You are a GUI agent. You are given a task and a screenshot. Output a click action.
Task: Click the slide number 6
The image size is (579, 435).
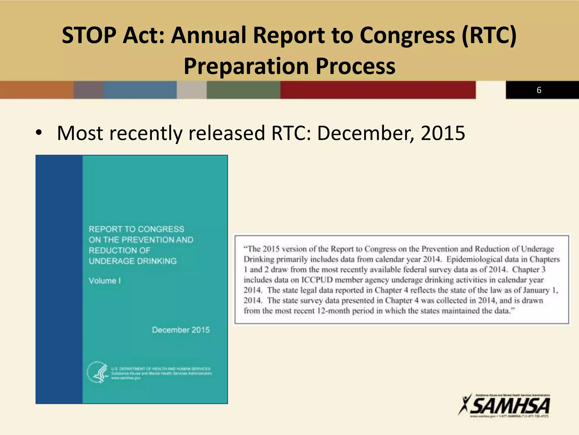[x=539, y=90]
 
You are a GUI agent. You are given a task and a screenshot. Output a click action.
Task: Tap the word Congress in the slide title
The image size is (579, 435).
[x=407, y=35]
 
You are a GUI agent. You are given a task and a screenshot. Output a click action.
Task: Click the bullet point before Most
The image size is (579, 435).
[x=39, y=133]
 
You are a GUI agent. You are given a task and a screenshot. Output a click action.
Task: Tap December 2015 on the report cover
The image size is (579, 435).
[x=181, y=330]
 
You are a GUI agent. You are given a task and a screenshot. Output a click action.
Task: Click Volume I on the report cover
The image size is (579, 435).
[x=105, y=281]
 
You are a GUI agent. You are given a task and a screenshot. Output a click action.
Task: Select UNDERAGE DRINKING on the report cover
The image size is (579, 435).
[x=133, y=261]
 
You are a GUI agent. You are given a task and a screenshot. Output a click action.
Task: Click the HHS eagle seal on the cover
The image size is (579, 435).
[x=97, y=372]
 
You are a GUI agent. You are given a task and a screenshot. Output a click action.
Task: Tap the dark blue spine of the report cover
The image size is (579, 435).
[x=59, y=279]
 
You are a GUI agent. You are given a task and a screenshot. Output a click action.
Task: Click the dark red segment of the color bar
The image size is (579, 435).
[x=378, y=90]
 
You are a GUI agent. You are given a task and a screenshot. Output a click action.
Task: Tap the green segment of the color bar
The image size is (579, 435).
[x=243, y=90]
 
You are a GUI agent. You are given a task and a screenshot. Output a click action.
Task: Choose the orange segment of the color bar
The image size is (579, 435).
[x=37, y=90]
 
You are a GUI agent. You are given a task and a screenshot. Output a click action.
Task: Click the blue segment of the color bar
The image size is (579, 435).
[x=140, y=90]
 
